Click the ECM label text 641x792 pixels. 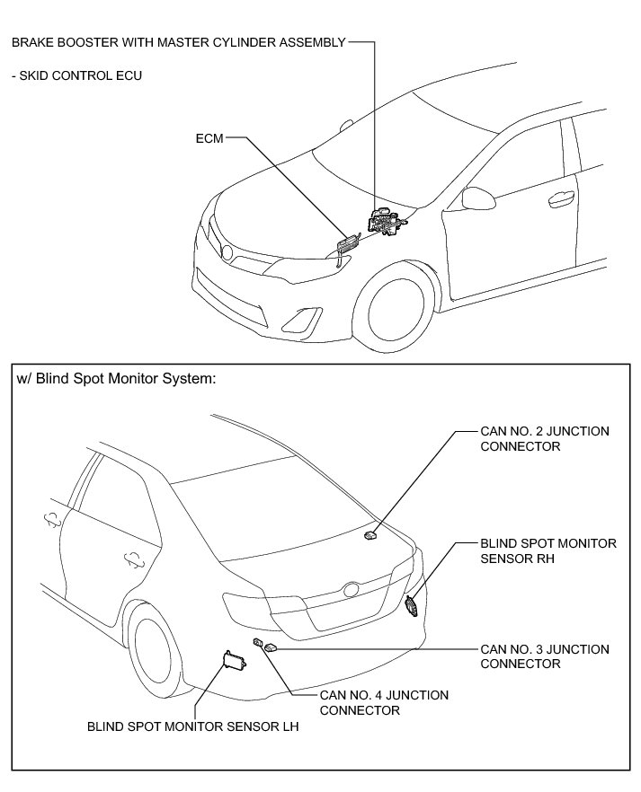point(208,139)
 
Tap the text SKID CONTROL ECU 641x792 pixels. point(76,75)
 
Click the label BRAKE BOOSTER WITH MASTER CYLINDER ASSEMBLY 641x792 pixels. point(178,41)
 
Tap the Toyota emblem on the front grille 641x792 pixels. point(227,253)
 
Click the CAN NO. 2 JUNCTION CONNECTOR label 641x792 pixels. point(545,438)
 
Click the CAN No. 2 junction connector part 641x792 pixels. point(370,535)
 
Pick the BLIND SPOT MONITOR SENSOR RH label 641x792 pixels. point(548,550)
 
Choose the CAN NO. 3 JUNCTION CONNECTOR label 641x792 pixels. point(545,656)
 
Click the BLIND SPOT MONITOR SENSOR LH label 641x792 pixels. point(192,728)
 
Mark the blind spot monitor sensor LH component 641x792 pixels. point(234,663)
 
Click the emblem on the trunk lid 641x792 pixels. point(349,591)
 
